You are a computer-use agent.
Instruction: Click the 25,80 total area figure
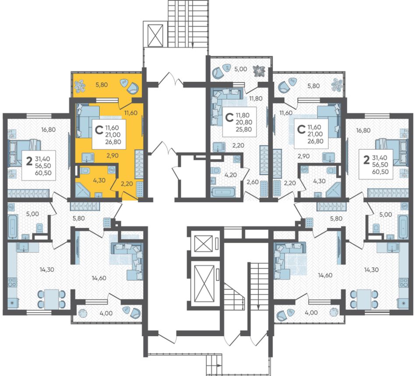[x=244, y=130]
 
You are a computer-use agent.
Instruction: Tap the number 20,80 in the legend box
[x=244, y=122]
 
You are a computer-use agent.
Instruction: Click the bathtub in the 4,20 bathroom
[x=223, y=192]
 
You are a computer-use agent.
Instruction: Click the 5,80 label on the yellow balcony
[x=101, y=85]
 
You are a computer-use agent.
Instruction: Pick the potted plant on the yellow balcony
[x=80, y=86]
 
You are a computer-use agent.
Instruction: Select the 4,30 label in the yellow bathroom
[x=99, y=180]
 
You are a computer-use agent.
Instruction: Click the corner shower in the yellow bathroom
[x=84, y=189]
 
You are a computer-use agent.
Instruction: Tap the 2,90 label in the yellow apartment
[x=112, y=156]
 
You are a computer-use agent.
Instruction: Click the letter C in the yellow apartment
[x=99, y=130]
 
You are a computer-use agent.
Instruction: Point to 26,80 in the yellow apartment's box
[x=113, y=142]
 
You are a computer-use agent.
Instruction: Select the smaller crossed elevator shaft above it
[x=204, y=243]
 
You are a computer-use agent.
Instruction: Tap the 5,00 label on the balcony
[x=241, y=69]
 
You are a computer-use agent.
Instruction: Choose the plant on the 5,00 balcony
[x=259, y=71]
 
